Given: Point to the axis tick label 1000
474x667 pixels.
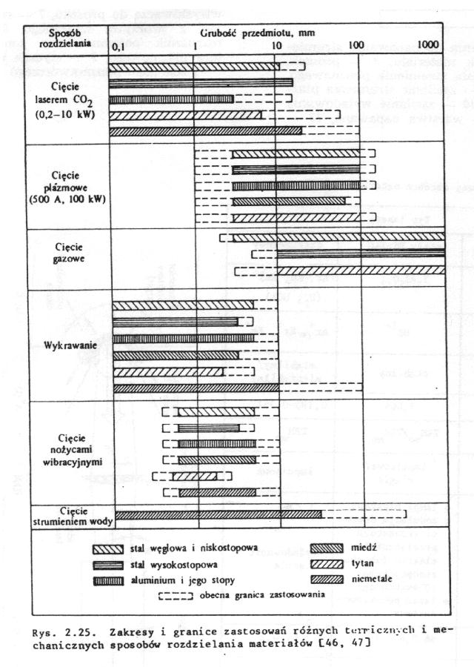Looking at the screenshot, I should tap(427, 45).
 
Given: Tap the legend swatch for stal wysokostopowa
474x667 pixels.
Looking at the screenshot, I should tap(108, 565).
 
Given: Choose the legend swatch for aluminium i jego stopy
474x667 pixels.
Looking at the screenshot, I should tap(108, 579).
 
